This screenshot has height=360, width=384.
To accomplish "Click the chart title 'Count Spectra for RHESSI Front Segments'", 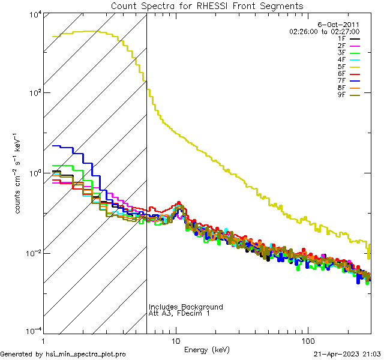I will [x=207, y=6].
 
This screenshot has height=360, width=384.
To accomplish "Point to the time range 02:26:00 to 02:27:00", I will [x=324, y=31].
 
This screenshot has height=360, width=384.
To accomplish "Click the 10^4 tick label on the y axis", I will [x=33, y=14].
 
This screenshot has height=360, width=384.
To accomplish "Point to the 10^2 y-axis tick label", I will [x=33, y=94].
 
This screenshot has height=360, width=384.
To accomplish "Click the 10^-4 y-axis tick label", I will [x=32, y=332].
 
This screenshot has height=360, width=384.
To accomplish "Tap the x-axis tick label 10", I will [x=175, y=340].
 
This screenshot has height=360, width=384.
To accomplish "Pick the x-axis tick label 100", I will [x=307, y=340].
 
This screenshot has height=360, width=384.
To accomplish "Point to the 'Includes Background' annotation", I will [x=185, y=307].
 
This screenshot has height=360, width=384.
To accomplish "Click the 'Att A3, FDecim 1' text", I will [x=179, y=314].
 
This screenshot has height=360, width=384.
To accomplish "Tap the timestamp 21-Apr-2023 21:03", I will [x=347, y=354].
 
